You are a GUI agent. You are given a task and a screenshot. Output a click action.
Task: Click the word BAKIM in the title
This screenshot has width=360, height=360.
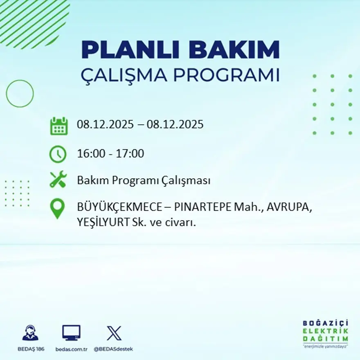[x=234, y=50]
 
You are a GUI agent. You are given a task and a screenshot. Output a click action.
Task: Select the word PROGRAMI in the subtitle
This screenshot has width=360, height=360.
[x=226, y=75]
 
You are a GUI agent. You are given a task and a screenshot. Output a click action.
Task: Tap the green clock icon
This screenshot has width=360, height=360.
[x=58, y=154]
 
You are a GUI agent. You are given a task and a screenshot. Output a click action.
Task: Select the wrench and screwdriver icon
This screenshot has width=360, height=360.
[x=58, y=180]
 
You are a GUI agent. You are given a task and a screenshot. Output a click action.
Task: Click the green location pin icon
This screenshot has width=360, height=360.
[x=57, y=208]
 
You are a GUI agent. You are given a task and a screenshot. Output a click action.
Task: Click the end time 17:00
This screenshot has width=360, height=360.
[x=130, y=154]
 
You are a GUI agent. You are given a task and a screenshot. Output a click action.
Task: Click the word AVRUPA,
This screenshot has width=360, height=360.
[x=290, y=208]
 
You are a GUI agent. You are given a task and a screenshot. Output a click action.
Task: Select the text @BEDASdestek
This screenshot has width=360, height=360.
[x=113, y=349]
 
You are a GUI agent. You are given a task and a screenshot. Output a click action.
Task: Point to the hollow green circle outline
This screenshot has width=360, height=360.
[x=20, y=93]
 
